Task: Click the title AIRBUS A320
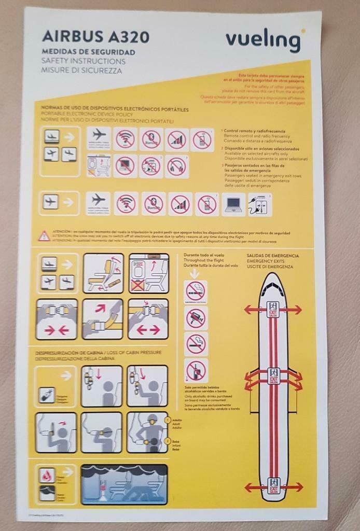click(95, 36)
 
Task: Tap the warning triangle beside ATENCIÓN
click(45, 235)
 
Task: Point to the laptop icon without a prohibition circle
click(233, 204)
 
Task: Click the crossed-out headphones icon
click(176, 167)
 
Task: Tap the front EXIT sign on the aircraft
click(273, 309)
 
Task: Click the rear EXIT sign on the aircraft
click(273, 486)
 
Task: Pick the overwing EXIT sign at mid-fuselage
click(273, 375)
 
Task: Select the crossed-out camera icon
click(196, 317)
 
